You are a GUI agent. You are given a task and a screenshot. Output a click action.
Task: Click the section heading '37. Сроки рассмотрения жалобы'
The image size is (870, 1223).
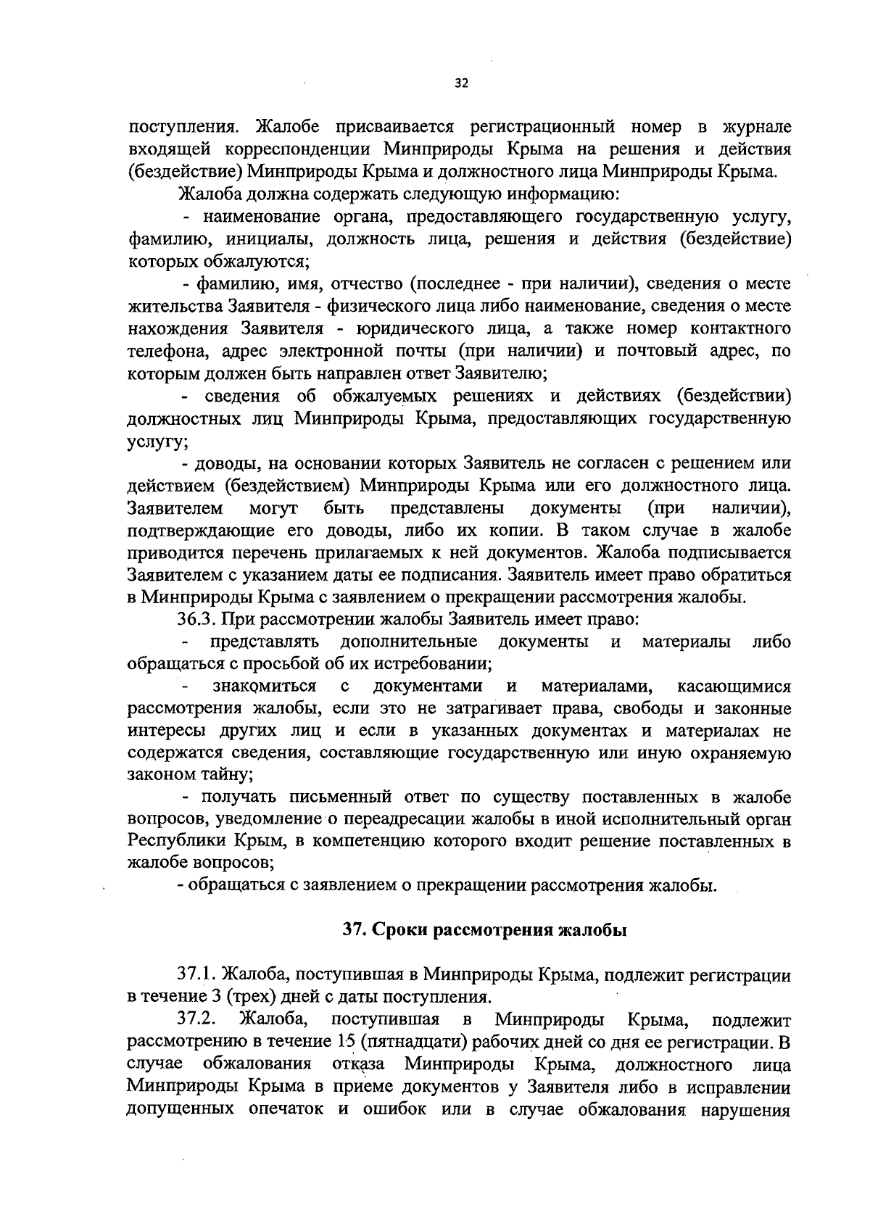click(484, 931)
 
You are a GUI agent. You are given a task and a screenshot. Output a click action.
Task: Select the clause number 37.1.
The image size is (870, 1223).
click(196, 975)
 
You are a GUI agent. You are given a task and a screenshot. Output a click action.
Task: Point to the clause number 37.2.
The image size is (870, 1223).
click(196, 1020)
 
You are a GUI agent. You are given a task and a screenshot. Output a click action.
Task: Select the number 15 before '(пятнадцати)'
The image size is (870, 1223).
click(347, 1042)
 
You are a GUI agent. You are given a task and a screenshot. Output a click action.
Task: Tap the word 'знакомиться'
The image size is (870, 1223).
click(264, 687)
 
